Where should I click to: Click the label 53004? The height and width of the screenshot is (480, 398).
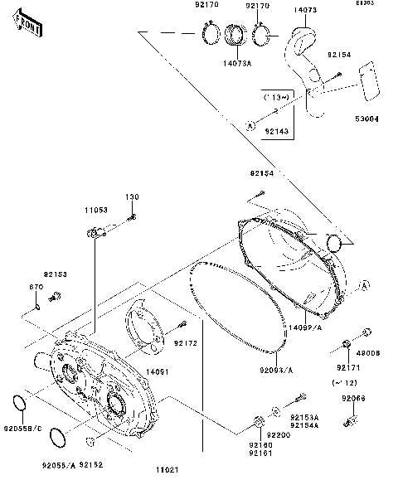tap(366, 119)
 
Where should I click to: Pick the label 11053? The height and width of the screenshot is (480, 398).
tap(95, 211)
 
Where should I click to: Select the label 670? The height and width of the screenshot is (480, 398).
tap(36, 287)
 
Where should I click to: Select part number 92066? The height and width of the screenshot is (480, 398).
tap(354, 398)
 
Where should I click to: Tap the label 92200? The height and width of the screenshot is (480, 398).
tap(278, 434)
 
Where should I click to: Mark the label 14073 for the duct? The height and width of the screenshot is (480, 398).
tap(306, 10)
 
